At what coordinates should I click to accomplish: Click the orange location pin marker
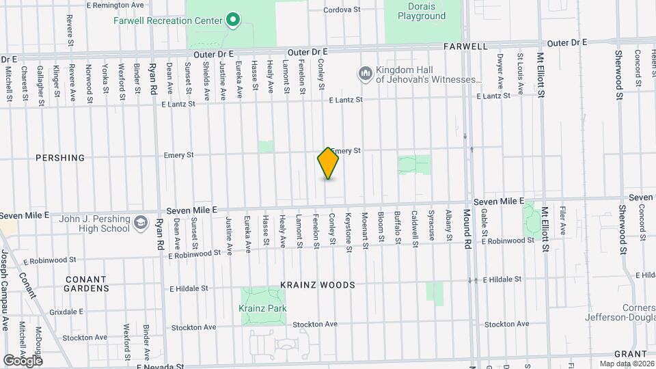(328, 163)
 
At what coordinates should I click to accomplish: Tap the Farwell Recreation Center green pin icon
(232, 19)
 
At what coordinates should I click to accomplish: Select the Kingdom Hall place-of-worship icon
(365, 72)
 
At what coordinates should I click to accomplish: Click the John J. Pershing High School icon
(141, 222)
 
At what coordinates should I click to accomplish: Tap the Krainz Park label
(262, 308)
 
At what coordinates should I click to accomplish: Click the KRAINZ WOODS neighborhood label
(317, 285)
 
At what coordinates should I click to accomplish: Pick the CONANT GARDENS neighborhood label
(86, 284)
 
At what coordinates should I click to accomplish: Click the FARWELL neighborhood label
(465, 47)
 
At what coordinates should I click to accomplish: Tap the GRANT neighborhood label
(630, 354)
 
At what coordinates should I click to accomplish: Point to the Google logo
(23, 360)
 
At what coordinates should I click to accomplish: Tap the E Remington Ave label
(115, 5)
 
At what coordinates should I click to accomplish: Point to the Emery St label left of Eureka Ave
(180, 155)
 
